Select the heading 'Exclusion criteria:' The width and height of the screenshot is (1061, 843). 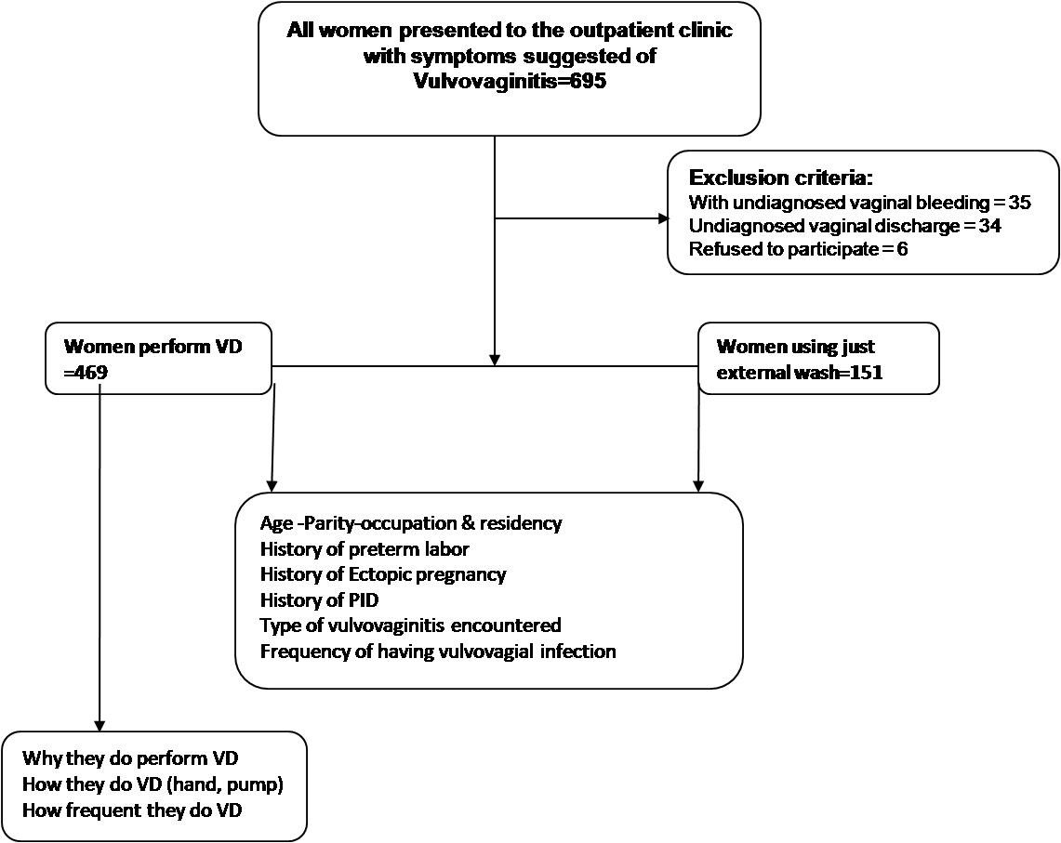click(x=781, y=178)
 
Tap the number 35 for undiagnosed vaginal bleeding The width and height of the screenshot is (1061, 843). click(x=1019, y=203)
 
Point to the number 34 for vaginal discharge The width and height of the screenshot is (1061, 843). click(x=990, y=225)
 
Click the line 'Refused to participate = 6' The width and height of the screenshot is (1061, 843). click(x=799, y=249)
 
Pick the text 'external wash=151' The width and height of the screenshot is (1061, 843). click(x=800, y=372)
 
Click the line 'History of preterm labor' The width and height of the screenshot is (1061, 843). click(x=365, y=548)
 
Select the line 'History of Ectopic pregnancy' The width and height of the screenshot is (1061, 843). click(x=383, y=575)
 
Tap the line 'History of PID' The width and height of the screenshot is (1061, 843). click(x=319, y=600)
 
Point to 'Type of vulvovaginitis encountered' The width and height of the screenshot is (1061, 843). click(x=411, y=626)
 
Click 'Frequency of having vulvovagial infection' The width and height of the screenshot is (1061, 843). click(x=439, y=652)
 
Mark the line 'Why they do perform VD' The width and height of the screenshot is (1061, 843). click(x=130, y=758)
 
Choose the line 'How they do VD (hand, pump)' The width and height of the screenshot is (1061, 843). click(x=153, y=784)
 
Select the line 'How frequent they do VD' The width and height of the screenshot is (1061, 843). click(x=132, y=810)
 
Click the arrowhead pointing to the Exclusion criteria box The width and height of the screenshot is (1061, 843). click(x=663, y=218)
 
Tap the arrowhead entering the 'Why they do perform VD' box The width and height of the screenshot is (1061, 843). click(x=100, y=725)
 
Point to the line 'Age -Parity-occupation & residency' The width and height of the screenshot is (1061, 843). click(x=411, y=523)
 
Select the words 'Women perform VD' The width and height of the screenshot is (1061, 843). click(x=153, y=347)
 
